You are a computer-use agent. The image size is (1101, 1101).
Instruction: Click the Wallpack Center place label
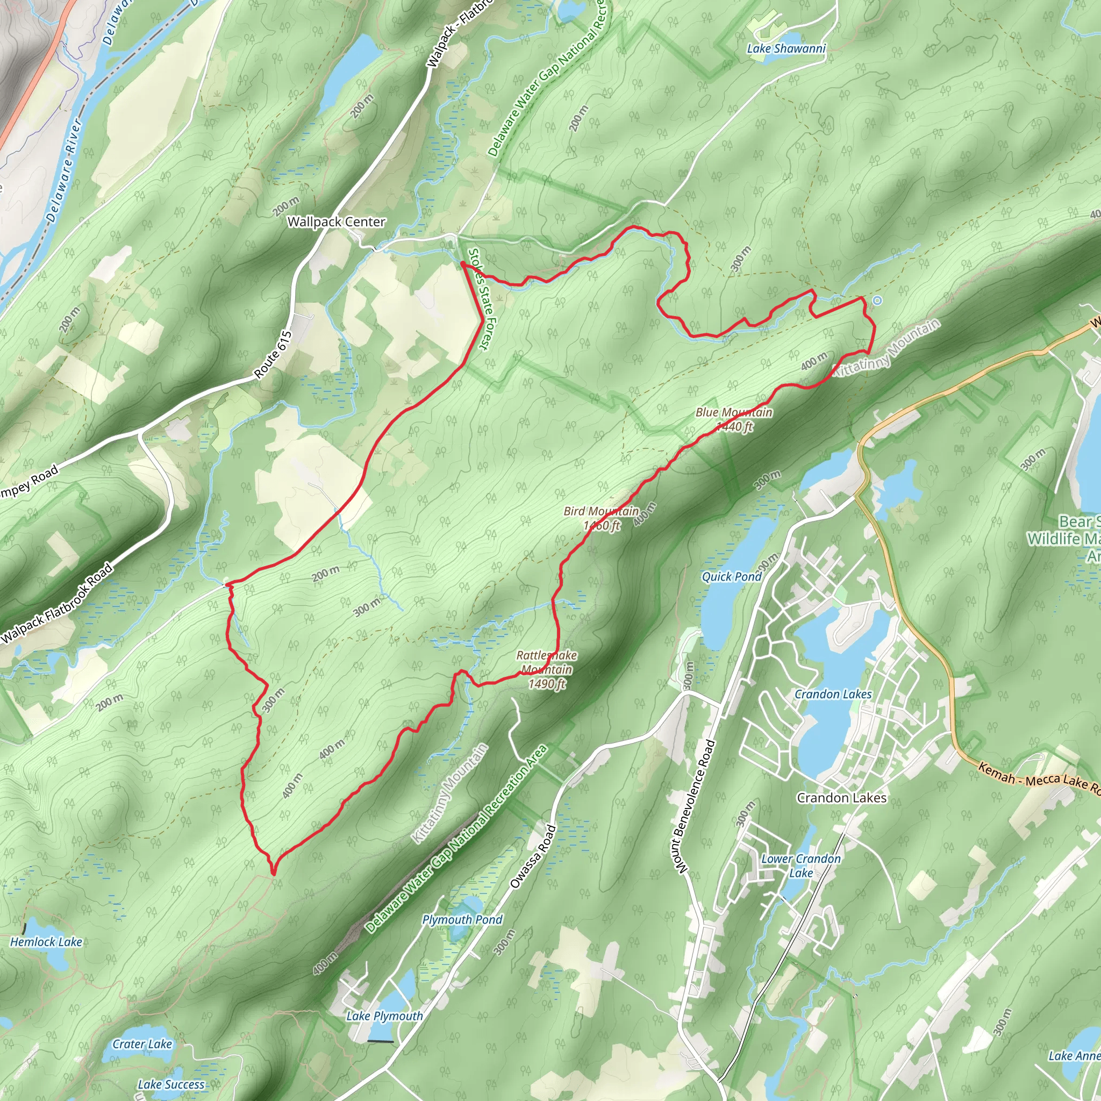[336, 221]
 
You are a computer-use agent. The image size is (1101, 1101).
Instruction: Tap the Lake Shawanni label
[786, 49]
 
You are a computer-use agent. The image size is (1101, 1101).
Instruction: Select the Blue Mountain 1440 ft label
[734, 419]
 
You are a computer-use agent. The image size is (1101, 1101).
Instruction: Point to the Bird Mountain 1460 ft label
[601, 518]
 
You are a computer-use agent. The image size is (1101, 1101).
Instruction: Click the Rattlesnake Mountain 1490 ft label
[547, 669]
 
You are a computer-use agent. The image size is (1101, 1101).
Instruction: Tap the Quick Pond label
[731, 577]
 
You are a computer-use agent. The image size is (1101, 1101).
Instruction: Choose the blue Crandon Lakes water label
[833, 694]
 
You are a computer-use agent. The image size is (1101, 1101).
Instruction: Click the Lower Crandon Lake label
[800, 866]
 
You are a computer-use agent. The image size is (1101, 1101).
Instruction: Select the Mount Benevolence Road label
[694, 806]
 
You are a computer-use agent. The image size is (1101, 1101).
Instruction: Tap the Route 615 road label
[273, 355]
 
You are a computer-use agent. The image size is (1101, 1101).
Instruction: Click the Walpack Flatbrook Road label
[57, 604]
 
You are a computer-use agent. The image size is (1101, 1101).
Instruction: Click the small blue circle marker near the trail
[877, 301]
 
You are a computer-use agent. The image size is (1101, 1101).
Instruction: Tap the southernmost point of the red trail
[274, 874]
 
